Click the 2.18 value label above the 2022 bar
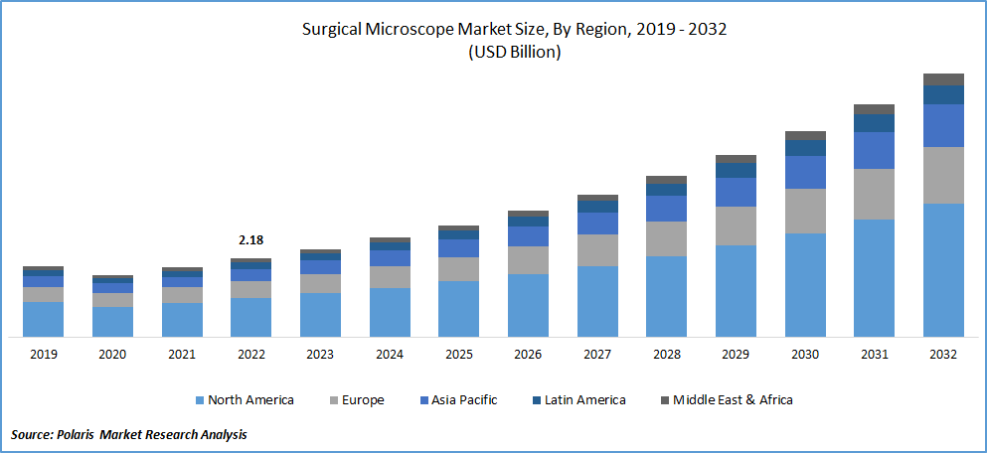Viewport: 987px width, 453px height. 250,240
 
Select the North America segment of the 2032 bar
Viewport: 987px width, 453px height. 943,270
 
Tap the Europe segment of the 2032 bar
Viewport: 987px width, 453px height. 943,175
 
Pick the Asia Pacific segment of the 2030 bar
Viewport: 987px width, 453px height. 805,172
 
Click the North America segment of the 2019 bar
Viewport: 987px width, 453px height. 44,319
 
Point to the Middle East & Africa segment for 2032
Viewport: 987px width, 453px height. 943,79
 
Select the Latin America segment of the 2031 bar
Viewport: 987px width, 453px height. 874,123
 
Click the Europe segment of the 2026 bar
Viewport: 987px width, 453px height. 528,260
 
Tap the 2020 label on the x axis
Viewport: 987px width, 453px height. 112,355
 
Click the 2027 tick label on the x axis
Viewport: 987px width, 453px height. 597,355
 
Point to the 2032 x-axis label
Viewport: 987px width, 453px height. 943,355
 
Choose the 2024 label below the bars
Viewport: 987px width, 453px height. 390,355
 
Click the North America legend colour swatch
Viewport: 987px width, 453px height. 199,400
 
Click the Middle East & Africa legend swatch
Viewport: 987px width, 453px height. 664,400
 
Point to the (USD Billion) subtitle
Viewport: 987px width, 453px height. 514,53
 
